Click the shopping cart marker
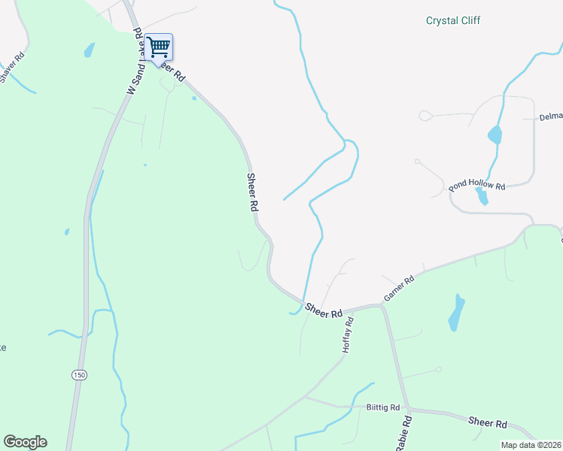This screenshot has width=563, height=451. click(x=159, y=47)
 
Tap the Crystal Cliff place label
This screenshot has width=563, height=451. click(x=453, y=21)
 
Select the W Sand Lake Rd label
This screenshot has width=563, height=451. click(x=135, y=62)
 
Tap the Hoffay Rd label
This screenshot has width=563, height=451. click(x=348, y=335)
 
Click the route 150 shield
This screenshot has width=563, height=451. click(x=78, y=374)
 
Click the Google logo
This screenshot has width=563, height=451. click(x=25, y=442)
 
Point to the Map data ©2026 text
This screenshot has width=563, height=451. click(x=531, y=445)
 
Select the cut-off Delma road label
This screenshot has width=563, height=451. click(x=551, y=118)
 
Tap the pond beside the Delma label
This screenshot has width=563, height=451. click(x=495, y=135)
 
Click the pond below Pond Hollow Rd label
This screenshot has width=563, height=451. click(x=482, y=197)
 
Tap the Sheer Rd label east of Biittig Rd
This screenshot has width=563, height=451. click(x=488, y=424)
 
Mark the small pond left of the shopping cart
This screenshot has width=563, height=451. click(x=90, y=50)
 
